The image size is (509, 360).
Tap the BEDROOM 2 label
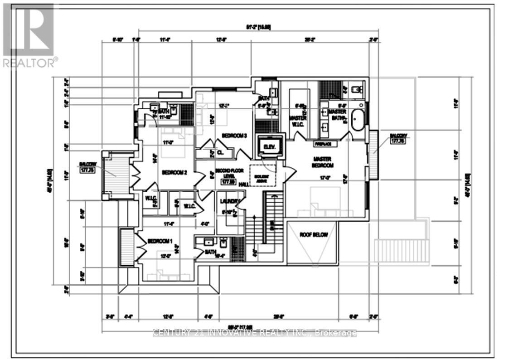click(x=175, y=172)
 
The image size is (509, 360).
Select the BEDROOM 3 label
click(x=234, y=135)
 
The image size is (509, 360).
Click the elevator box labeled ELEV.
click(x=270, y=147)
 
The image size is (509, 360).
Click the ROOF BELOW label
click(x=313, y=234)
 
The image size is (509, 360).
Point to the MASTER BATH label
click(x=337, y=115)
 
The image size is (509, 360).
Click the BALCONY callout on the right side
click(x=398, y=138)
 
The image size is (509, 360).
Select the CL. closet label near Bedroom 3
click(x=221, y=153)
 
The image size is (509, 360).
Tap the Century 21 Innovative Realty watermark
click(x=255, y=333)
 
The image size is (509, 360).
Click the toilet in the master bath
click(x=357, y=89)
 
